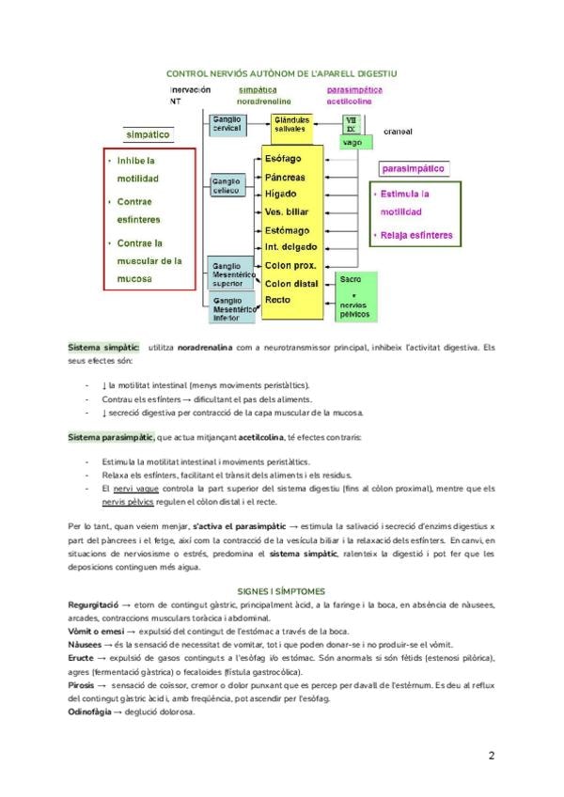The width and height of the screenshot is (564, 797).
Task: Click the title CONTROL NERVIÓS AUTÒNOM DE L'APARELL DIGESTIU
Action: click(281, 73)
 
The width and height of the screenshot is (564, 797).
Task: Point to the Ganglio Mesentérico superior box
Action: click(227, 274)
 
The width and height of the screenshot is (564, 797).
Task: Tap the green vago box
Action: click(352, 142)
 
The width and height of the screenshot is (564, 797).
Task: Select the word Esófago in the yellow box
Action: click(284, 159)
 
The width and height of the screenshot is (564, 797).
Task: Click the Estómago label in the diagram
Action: click(287, 229)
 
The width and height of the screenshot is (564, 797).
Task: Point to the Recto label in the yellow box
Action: click(278, 299)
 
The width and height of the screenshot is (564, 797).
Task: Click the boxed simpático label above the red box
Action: click(151, 134)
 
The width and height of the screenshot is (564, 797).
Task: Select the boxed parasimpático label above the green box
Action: click(414, 169)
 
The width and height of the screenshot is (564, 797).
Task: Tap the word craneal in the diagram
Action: click(399, 131)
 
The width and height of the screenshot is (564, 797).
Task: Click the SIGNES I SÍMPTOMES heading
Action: click(281, 591)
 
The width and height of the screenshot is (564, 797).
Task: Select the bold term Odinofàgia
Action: click(91, 711)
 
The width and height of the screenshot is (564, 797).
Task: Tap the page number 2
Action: click(492, 755)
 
